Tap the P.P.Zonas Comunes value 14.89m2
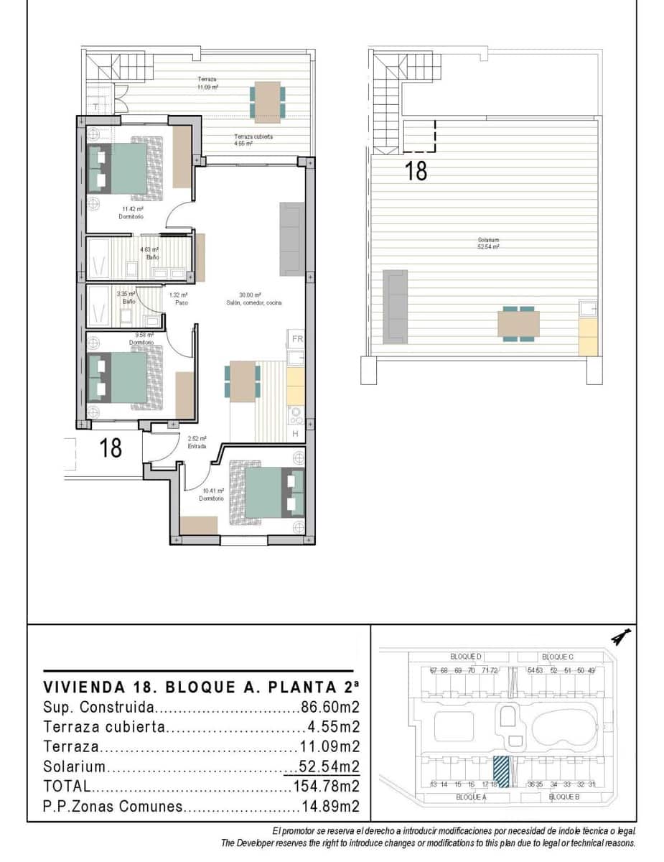[329, 806]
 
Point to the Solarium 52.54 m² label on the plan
[488, 243]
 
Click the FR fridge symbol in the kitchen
[296, 339]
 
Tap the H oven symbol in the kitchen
[296, 434]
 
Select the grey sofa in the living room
[291, 239]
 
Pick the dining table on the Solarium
[518, 323]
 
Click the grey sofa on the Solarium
[395, 305]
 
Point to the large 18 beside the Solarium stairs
[416, 171]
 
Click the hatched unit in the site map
[501, 772]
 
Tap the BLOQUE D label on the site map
[466, 657]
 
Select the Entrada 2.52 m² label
[197, 442]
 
